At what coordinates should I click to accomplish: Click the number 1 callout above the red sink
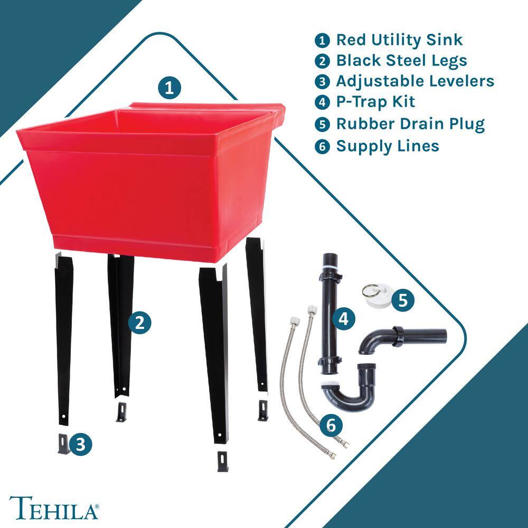(x=169, y=88)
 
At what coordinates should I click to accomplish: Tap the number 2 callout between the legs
(x=139, y=323)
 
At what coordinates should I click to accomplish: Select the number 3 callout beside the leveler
(x=81, y=444)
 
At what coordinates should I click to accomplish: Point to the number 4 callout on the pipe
(x=343, y=318)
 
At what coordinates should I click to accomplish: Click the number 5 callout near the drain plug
(x=403, y=300)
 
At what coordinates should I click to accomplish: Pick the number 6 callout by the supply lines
(x=331, y=425)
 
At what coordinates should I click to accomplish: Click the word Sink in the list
(x=444, y=40)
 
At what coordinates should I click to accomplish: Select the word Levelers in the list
(x=461, y=81)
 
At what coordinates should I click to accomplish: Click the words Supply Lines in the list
(x=388, y=146)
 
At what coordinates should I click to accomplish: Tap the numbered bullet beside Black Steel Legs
(x=322, y=61)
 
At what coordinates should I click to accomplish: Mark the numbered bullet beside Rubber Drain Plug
(x=322, y=124)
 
